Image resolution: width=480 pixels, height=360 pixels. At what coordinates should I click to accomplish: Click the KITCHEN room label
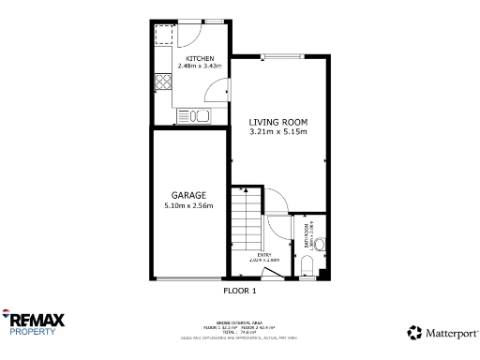point(199,58)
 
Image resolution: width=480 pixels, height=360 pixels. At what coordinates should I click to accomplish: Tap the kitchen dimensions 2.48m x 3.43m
point(199,67)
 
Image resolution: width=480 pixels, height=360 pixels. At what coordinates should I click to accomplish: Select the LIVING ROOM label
point(277,123)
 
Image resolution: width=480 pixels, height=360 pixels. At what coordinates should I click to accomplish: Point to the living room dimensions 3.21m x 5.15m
point(277,132)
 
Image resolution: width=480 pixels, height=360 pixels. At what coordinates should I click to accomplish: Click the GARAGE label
point(188,195)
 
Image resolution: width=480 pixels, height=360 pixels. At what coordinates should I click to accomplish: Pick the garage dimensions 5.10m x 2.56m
point(188,205)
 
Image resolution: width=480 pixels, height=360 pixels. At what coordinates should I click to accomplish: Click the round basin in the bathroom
point(320,246)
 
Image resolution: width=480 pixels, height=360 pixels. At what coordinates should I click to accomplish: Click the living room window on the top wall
point(278,55)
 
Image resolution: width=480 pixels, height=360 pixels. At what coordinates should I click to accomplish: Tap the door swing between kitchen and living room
point(219,89)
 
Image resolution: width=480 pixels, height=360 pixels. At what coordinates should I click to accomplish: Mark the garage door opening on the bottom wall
point(188,278)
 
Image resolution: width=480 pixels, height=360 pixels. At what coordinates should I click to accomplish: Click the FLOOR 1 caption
point(239,291)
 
